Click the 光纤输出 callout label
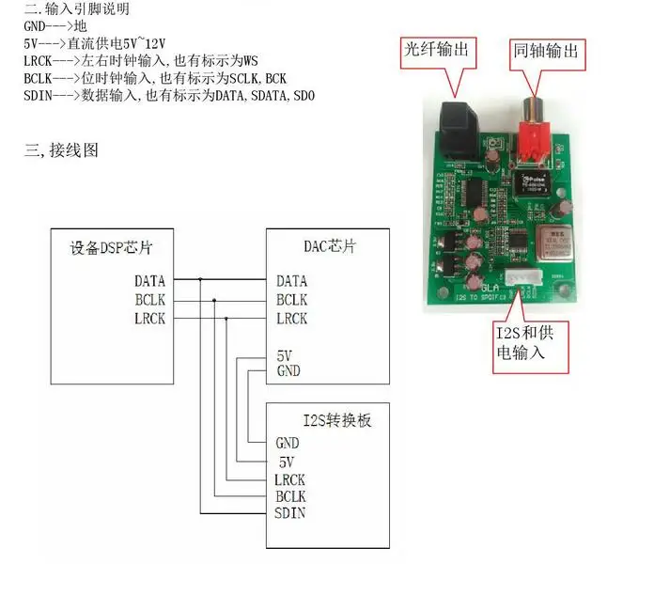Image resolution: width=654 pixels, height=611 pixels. tap(435, 49)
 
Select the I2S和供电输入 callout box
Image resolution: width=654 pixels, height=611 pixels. tap(532, 343)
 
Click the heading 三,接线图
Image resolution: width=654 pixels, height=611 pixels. tap(61, 150)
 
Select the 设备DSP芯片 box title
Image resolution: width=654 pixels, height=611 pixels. tap(112, 248)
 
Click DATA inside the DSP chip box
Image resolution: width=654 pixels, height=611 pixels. tap(149, 280)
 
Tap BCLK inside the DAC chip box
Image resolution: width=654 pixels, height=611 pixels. tap(291, 300)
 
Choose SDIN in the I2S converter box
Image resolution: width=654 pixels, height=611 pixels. tap(289, 512)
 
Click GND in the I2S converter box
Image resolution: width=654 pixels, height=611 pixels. tap(287, 443)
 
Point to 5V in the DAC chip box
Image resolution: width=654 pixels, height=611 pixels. tap(285, 356)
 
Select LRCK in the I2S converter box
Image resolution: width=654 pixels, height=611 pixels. tap(290, 479)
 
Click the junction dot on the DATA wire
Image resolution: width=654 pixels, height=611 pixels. tap(199, 280)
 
